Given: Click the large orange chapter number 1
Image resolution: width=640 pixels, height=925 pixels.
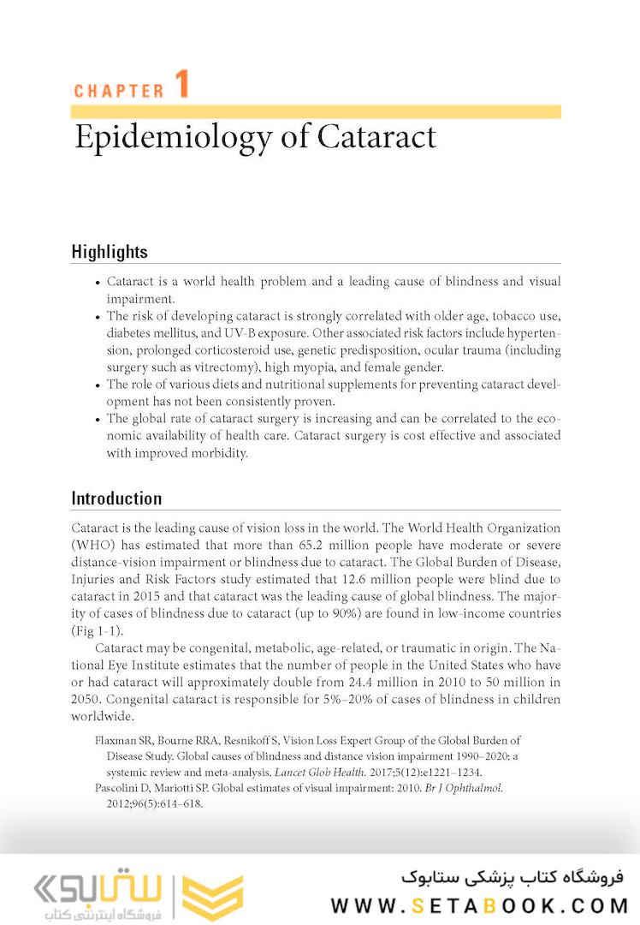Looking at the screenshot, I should coord(181,86).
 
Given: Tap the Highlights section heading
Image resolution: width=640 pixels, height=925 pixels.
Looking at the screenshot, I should coord(110,252).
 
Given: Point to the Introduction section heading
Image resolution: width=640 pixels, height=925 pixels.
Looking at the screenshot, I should coord(116,498).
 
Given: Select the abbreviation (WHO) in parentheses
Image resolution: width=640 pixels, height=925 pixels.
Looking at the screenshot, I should coord(92,545).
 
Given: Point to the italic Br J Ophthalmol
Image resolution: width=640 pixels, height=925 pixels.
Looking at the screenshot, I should coord(464,788).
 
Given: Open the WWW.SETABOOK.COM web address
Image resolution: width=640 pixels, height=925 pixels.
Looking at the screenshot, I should coord(480,905).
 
